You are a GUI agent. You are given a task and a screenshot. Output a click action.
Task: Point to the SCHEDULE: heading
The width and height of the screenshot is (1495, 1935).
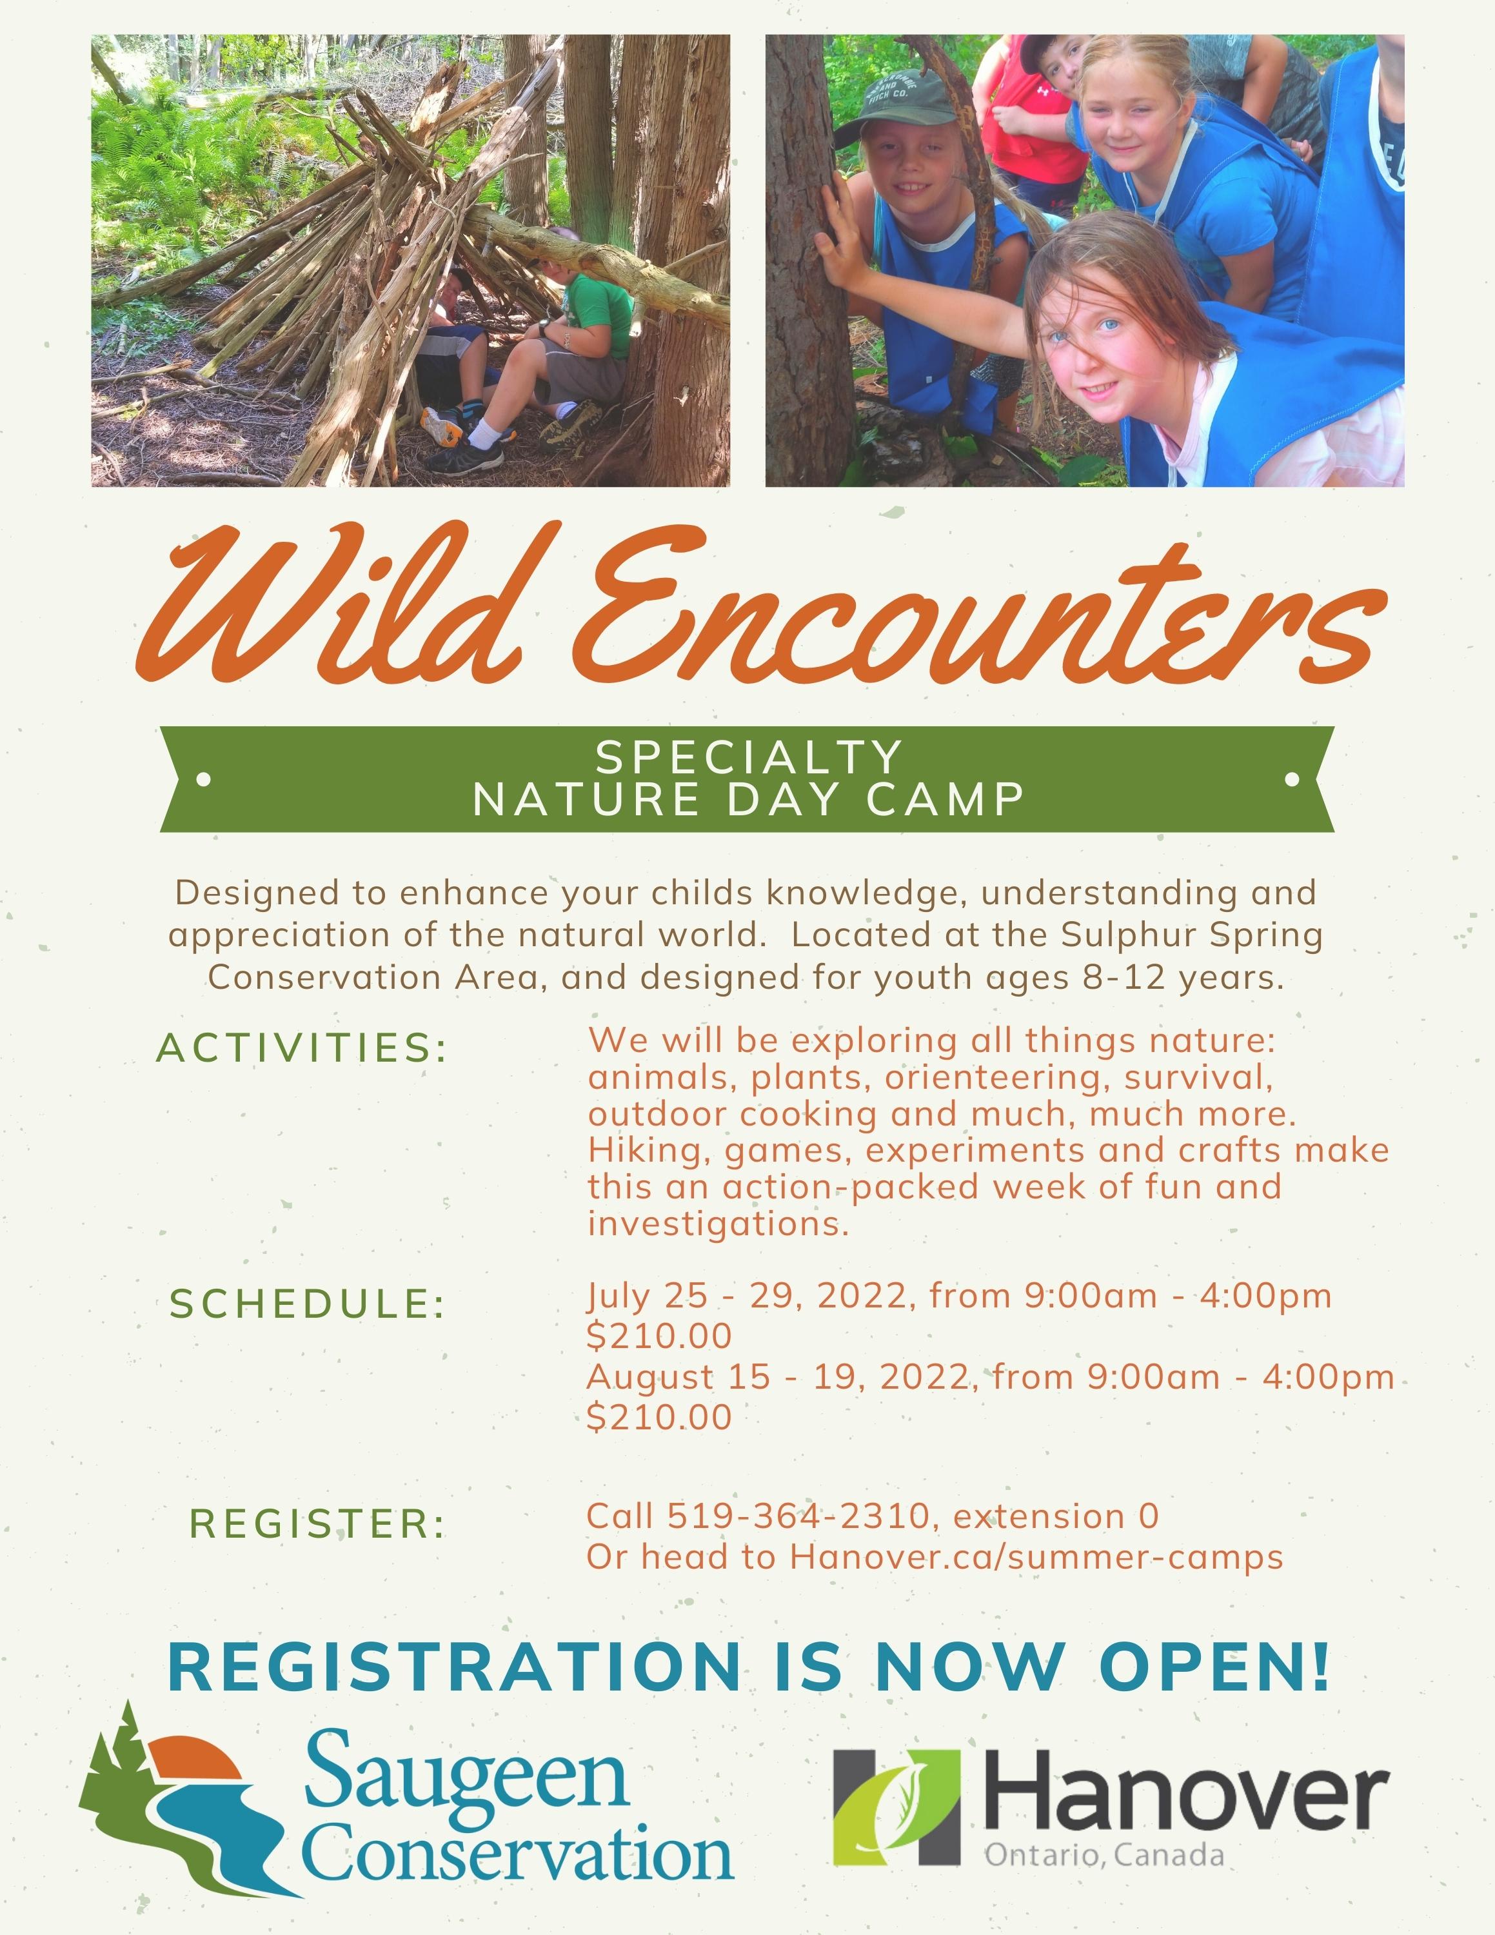tap(308, 1304)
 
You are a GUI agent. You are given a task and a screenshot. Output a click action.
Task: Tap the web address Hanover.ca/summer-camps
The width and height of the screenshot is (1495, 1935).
tap(1036, 1558)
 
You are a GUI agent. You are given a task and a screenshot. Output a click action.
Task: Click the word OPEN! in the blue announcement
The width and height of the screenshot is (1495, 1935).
tap(1215, 1667)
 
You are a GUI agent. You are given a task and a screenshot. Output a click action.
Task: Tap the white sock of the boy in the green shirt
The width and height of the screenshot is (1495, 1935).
tap(486, 434)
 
